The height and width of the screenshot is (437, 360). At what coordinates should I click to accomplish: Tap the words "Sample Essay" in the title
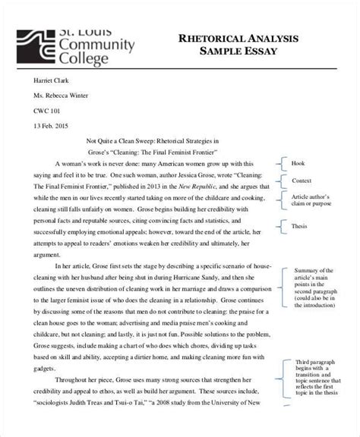pyautogui.click(x=238, y=52)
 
